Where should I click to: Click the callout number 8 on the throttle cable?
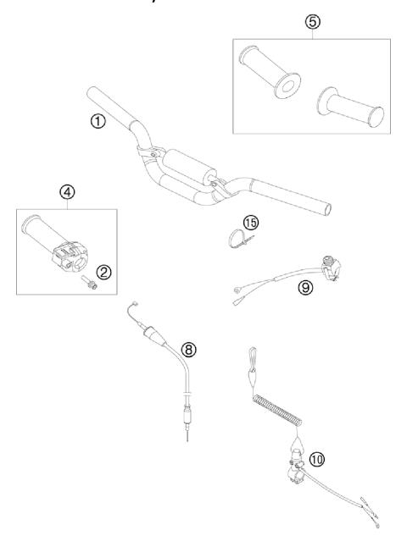[x=189, y=347]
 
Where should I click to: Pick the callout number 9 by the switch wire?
[x=304, y=287]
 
